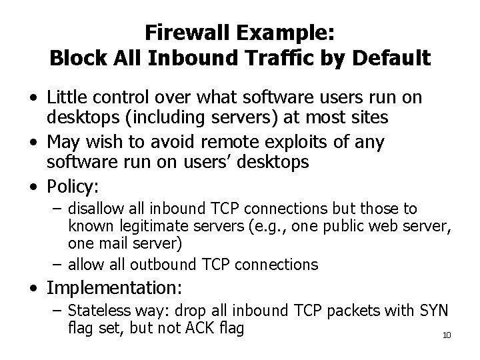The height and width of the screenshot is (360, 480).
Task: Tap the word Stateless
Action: (x=94, y=312)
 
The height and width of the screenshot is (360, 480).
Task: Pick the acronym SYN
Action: (x=437, y=312)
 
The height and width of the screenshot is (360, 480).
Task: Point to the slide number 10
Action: (x=446, y=335)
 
